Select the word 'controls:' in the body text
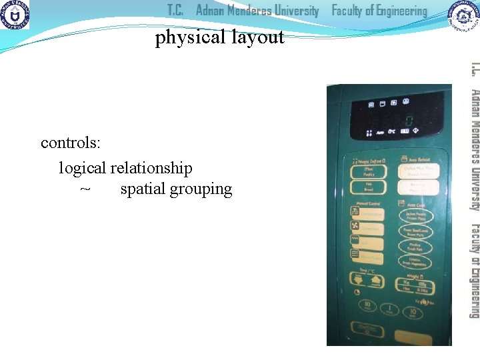pos(71,143)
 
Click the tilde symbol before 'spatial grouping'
pos(85,189)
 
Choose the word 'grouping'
pos(201,189)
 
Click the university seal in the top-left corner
pos(15,15)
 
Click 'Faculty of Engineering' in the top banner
pos(379,11)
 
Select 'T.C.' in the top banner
pos(175,11)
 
